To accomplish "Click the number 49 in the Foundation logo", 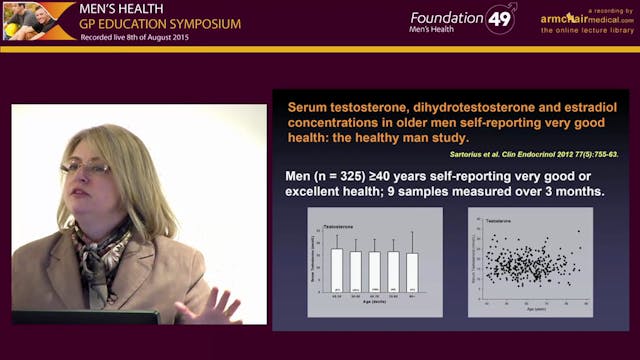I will click(501, 19).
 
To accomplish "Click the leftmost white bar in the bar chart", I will click(337, 271).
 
